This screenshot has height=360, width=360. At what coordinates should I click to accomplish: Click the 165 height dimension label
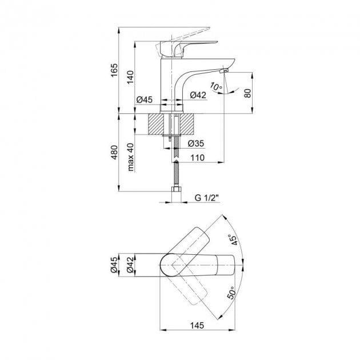[x=114, y=70]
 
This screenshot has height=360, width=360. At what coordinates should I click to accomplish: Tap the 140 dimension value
[x=130, y=77]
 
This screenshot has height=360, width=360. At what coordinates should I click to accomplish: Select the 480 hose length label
[x=114, y=152]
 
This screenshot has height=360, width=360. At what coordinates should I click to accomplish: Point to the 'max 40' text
[x=130, y=157]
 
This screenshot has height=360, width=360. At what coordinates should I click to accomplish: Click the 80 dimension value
[x=248, y=93]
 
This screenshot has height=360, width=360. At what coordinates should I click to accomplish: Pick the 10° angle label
[x=216, y=86]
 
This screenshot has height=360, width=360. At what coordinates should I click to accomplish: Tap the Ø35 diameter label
[x=196, y=143]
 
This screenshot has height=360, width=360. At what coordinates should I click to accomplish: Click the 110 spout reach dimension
[x=198, y=158]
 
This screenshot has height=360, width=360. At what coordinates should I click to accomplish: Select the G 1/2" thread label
[x=207, y=198]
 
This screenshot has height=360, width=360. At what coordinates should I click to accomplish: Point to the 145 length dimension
[x=197, y=325]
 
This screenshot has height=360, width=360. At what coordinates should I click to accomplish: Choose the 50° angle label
[x=231, y=293]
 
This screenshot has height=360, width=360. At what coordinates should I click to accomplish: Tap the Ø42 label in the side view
[x=198, y=95]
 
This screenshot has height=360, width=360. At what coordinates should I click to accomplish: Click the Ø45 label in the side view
[x=145, y=99]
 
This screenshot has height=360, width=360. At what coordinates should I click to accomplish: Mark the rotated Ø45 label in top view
[x=114, y=265]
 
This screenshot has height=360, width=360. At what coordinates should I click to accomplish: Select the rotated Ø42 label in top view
[x=130, y=265]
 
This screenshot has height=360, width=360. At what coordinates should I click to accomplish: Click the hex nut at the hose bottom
[x=177, y=190]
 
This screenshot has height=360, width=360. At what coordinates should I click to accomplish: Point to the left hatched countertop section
[x=156, y=124]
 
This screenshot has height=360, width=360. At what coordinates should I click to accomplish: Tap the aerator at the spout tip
[x=224, y=70]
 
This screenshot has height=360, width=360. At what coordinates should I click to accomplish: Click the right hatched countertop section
[x=187, y=124]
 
